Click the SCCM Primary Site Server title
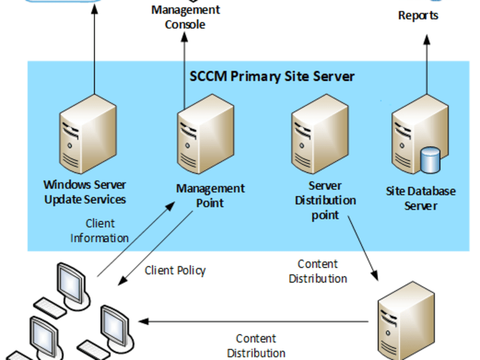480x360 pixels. tap(272, 76)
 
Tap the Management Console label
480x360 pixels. tap(185, 17)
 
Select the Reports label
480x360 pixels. tap(418, 15)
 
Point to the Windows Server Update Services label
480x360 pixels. tap(85, 192)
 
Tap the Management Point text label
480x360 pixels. tap(210, 195)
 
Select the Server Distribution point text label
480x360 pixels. tap(325, 200)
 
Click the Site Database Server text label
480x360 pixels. tap(420, 198)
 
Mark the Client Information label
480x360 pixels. tap(100, 230)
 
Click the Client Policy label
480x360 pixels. tap(175, 270)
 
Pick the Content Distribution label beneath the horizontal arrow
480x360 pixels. tap(256, 346)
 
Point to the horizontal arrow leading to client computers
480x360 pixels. tap(254, 321)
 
